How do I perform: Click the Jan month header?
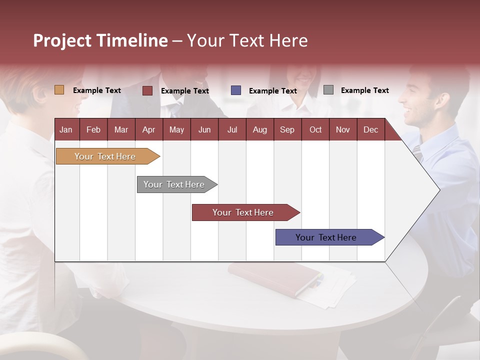point(66,129)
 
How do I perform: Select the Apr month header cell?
point(149,129)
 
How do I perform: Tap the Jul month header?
point(232,129)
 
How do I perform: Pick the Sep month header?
point(287,129)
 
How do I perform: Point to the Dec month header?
point(370,129)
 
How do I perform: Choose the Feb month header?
point(93,129)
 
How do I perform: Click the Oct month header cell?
point(315,129)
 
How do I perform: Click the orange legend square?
point(59,90)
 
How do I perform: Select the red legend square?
point(147,90)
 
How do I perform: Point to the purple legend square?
point(236,90)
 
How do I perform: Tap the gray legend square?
point(328,90)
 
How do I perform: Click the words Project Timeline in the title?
point(100,40)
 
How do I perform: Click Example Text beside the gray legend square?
point(364,90)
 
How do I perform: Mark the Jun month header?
point(204,129)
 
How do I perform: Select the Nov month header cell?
point(343,129)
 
